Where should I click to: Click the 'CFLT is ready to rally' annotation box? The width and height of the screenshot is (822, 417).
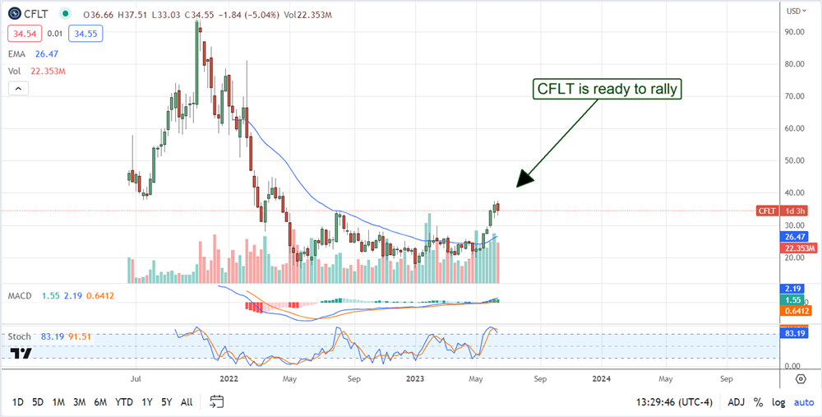(x=609, y=89)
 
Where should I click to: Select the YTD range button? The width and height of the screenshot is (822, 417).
(x=123, y=402)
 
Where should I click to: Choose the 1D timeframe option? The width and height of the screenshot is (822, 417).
(x=16, y=402)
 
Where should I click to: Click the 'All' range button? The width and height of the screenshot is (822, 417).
(x=187, y=402)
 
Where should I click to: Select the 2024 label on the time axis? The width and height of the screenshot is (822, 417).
(x=602, y=379)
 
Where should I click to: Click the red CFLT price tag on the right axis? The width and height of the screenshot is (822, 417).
(x=766, y=211)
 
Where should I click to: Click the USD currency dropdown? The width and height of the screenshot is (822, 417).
(x=797, y=12)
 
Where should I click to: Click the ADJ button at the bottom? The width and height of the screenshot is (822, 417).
(x=737, y=402)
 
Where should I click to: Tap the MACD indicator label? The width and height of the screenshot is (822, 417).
(x=21, y=294)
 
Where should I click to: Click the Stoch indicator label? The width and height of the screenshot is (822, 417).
(x=19, y=336)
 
